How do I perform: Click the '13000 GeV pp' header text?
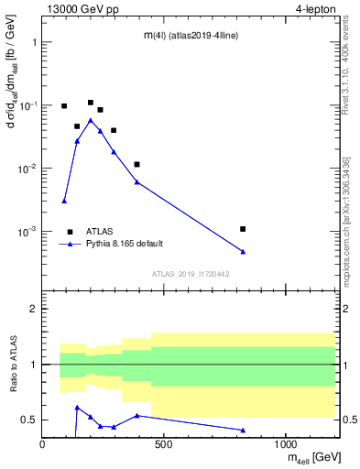79,10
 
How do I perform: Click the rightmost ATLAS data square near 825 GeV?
243,229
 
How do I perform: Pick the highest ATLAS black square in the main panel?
91,103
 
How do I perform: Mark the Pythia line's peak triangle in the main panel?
90,120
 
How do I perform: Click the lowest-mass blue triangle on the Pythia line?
64,201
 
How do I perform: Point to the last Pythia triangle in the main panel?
243,252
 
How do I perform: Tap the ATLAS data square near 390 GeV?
136,164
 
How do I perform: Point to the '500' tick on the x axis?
164,444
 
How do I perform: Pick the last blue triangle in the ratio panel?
243,430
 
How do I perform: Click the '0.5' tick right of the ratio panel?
347,420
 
